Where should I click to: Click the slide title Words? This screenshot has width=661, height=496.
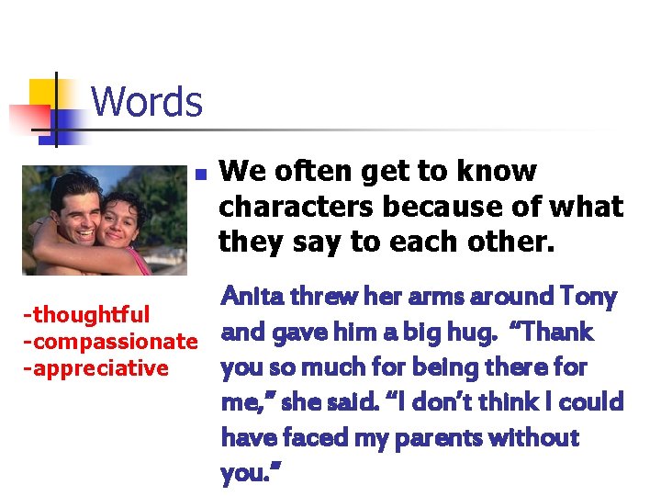click(147, 101)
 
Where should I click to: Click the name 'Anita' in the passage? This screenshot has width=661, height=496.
click(251, 297)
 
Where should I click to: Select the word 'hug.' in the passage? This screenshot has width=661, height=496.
click(485, 332)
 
